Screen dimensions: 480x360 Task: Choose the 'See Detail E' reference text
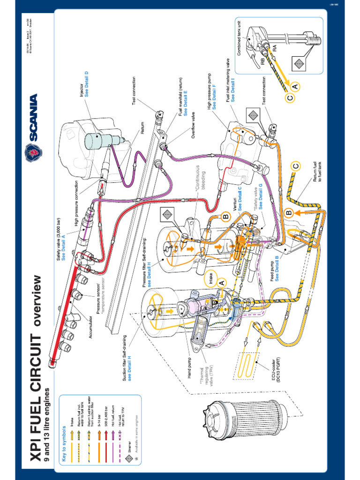pos(185,102)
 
